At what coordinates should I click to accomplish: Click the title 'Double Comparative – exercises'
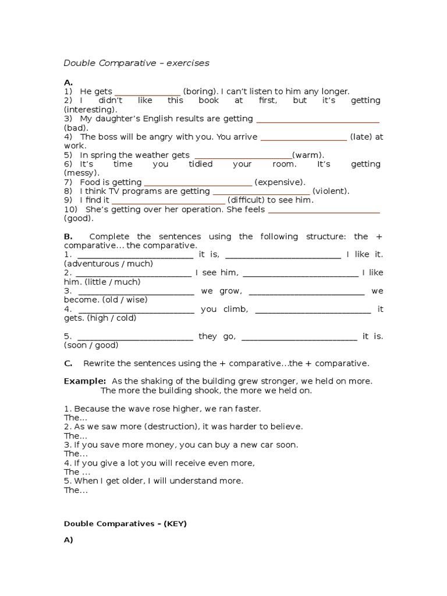click(136, 63)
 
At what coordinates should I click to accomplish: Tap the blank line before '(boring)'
click(148, 93)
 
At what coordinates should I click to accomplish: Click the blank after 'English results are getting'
click(318, 120)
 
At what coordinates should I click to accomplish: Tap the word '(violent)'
click(331, 191)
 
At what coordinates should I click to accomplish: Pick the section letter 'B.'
click(68, 236)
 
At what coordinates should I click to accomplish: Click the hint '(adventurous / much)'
click(108, 264)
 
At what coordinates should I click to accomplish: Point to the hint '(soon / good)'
click(100, 345)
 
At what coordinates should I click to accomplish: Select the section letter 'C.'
click(68, 363)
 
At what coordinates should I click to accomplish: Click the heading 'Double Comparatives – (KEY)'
click(125, 524)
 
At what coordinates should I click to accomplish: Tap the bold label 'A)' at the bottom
click(69, 540)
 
